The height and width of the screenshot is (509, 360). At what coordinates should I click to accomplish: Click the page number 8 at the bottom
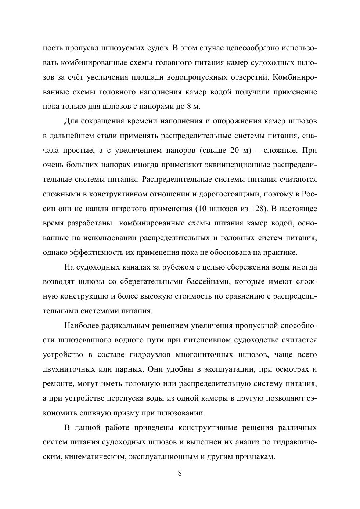click(x=180, y=473)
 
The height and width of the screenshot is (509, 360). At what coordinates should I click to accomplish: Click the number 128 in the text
click(x=258, y=209)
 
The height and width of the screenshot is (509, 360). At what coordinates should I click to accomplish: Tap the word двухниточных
click(x=66, y=369)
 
